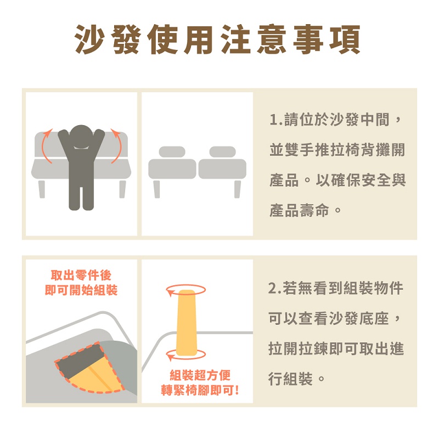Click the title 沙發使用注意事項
click(217, 39)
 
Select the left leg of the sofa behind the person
click(42, 189)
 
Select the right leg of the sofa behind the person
click(122, 189)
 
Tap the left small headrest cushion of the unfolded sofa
click(172, 152)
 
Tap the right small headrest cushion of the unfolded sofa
click(223, 152)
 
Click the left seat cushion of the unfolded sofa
click(172, 169)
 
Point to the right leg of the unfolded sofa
click(238, 189)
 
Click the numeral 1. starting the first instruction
click(277, 120)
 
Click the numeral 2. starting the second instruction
click(274, 289)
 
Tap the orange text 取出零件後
click(81, 275)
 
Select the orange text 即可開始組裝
click(81, 290)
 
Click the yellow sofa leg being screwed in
click(186, 323)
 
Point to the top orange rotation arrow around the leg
click(186, 290)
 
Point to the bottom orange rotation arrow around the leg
click(186, 355)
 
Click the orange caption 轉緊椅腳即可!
click(200, 390)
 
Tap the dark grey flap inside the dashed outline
click(80, 361)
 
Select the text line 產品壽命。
click(306, 211)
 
